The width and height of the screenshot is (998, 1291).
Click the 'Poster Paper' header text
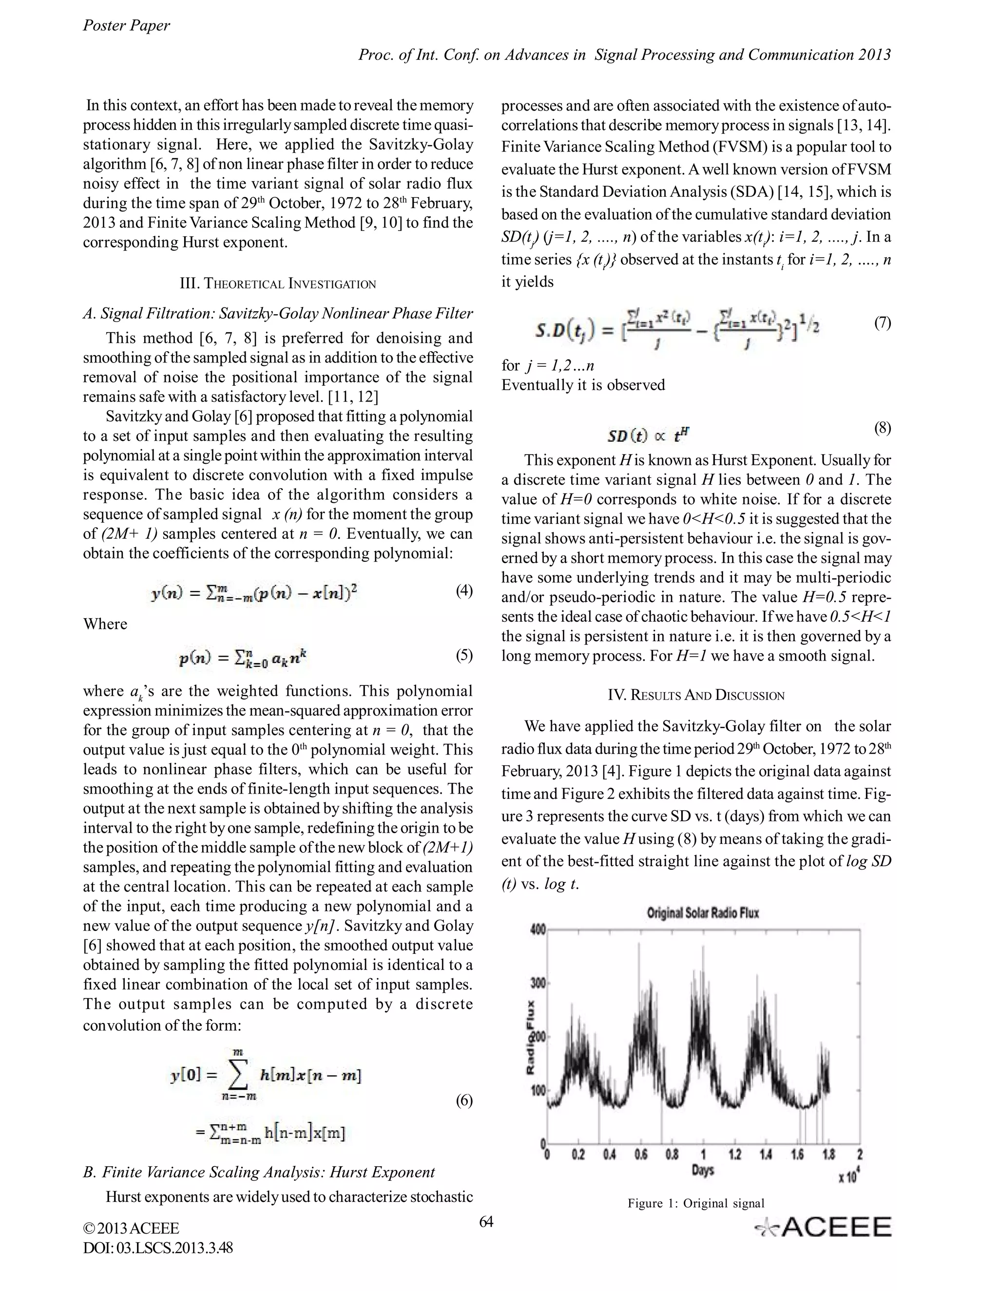(x=126, y=25)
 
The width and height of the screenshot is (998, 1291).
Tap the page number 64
(x=485, y=1222)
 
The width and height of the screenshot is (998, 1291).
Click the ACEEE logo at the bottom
(x=824, y=1228)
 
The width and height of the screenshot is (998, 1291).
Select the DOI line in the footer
(x=158, y=1248)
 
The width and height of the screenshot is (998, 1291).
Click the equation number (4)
(x=463, y=590)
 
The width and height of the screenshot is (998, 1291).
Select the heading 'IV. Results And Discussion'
(x=696, y=695)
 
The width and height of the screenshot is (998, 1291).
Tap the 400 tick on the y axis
(x=537, y=930)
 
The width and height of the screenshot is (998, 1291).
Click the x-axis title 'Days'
(x=702, y=1169)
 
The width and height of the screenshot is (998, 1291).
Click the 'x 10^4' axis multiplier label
(x=848, y=1177)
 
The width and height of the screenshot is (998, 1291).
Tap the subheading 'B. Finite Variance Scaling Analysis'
(x=258, y=1172)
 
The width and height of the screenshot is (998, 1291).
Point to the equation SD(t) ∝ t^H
(x=649, y=436)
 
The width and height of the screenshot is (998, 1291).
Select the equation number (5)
(x=463, y=655)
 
